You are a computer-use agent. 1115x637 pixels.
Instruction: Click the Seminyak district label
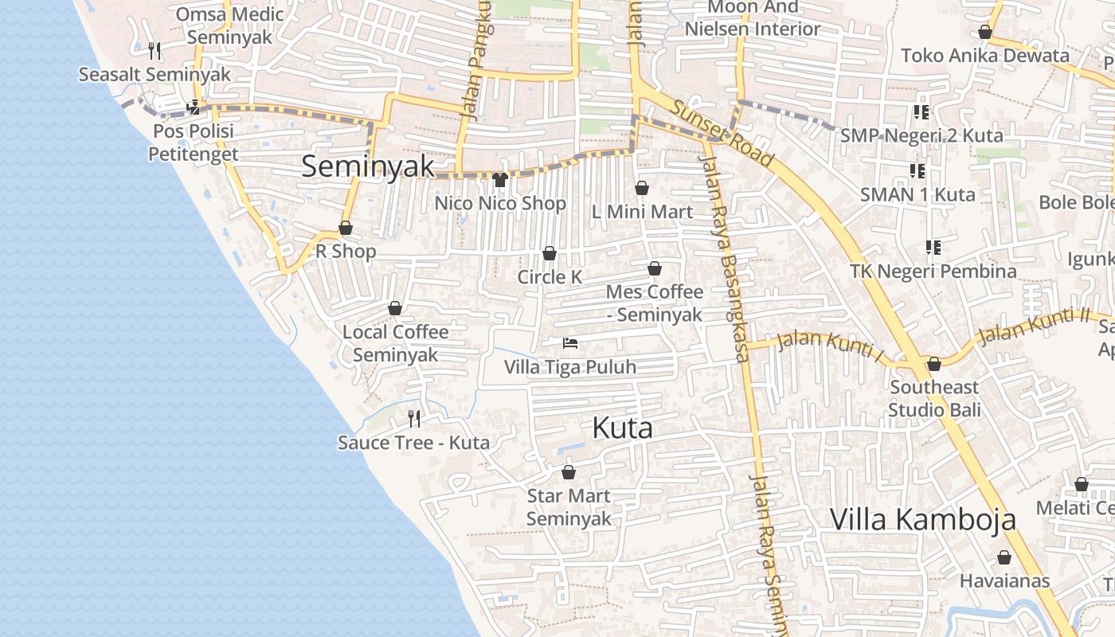368,166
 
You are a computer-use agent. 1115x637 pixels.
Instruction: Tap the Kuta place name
622,428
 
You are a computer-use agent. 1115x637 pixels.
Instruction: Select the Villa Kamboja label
922,519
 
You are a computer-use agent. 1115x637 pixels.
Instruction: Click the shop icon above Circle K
549,254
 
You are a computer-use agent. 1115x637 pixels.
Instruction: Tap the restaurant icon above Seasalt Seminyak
155,51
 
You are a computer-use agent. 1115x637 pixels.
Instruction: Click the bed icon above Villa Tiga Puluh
569,343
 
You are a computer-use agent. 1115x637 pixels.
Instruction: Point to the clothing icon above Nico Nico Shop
499,180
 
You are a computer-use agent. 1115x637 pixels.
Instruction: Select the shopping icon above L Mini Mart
642,189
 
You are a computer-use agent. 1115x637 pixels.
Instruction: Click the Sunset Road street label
721,133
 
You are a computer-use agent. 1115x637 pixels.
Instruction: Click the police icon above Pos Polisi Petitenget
194,107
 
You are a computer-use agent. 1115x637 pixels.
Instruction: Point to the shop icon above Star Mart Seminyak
568,472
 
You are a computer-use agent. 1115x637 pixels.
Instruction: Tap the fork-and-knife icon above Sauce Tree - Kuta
413,419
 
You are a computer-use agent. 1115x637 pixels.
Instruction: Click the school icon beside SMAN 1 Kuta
917,171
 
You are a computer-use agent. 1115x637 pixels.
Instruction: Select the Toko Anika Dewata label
984,56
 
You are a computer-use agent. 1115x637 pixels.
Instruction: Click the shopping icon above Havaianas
1004,557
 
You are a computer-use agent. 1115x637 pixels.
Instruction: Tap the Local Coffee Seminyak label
396,343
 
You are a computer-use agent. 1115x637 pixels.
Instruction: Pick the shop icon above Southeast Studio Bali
934,365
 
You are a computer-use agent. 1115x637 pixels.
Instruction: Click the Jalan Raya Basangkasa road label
725,256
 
